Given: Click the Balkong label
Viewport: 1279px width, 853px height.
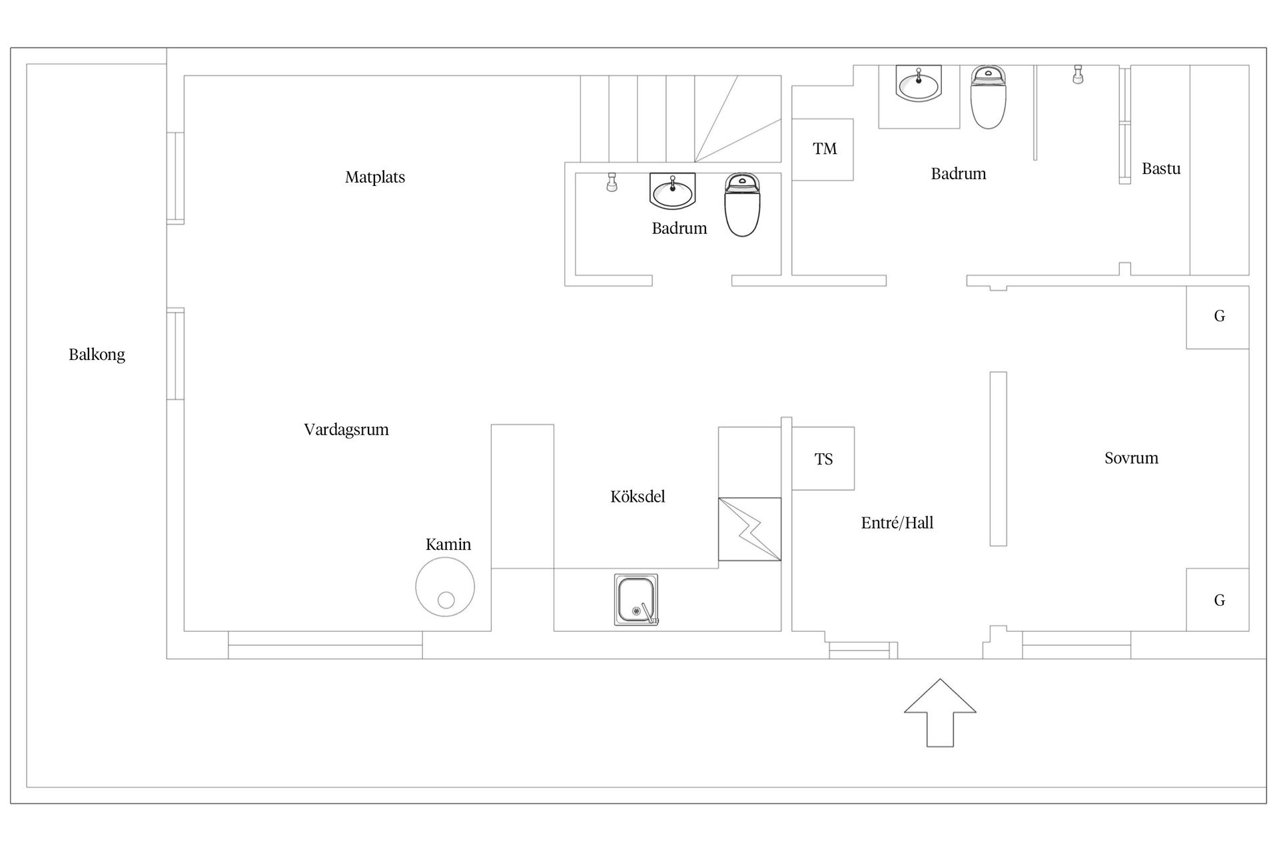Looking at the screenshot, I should (97, 355).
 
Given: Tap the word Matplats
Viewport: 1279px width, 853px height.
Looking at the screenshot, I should (375, 177).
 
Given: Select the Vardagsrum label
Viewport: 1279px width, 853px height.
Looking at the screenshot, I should (346, 430).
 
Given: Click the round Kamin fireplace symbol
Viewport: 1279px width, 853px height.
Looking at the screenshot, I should (445, 587).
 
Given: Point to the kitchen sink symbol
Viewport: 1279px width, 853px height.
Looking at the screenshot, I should (636, 600).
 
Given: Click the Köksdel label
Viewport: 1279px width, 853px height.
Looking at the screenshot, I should (638, 497).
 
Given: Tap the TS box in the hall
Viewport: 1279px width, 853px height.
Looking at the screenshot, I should (823, 459).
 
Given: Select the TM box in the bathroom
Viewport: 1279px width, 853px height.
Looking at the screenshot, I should (823, 149).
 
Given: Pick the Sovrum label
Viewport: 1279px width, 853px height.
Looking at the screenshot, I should (1131, 458).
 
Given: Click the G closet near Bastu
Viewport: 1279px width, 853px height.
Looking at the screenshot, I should (1218, 317).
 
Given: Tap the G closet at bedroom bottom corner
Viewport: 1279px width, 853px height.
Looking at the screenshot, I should (1218, 600).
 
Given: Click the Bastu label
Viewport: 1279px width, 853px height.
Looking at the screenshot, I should (1161, 169).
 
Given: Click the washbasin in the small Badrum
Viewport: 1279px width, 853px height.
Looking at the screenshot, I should (672, 192).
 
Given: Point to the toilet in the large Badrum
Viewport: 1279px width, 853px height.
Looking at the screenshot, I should (988, 97).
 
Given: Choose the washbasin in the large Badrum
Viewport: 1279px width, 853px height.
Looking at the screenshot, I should (919, 84).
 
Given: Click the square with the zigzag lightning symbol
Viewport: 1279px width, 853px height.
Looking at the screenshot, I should (749, 529).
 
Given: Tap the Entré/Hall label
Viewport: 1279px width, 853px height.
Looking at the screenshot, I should (897, 523).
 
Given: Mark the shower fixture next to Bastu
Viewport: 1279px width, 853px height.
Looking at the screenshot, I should (1077, 75).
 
